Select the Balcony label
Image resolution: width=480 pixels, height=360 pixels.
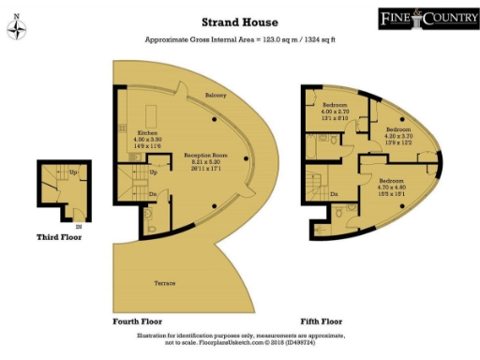(217, 95)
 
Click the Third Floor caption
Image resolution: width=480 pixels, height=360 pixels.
(59, 237)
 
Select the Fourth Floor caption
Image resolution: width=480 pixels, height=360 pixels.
(139, 322)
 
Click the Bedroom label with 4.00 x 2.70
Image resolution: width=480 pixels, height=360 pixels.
(336, 103)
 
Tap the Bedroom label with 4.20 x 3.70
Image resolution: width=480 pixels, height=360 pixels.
(399, 129)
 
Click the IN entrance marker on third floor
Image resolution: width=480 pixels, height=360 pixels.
(78, 226)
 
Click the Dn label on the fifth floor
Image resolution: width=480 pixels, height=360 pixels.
(334, 194)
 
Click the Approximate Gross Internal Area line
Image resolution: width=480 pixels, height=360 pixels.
(240, 40)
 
